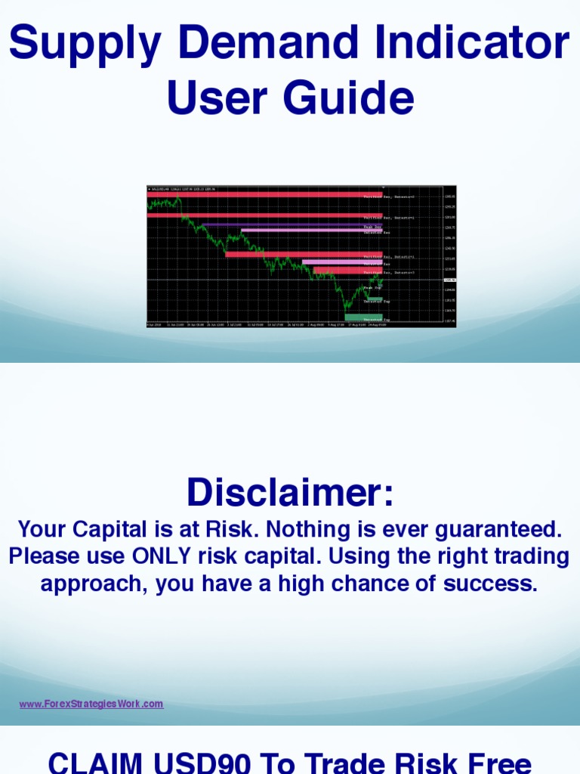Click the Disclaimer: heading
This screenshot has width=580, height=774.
click(x=290, y=493)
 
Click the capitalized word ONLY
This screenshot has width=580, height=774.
click(x=162, y=557)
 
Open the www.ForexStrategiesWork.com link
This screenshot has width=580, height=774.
click(x=91, y=704)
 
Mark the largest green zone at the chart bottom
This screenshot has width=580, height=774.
click(x=363, y=317)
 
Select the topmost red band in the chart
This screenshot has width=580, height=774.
click(x=264, y=194)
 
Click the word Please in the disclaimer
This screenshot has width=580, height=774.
click(x=48, y=557)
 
